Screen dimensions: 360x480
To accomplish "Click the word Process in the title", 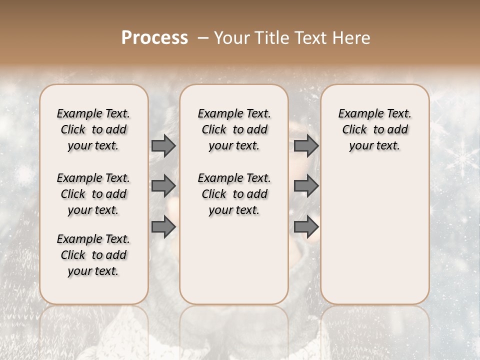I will (x=154, y=38).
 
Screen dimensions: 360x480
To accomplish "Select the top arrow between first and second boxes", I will (x=163, y=145).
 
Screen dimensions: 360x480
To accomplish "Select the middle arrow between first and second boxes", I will (x=163, y=186).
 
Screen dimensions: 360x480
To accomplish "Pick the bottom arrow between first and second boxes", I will (x=163, y=227).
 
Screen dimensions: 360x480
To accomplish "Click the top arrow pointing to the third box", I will (x=306, y=145).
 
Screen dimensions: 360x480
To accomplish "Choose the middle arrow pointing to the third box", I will (x=306, y=186).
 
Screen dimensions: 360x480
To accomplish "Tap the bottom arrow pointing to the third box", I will (x=306, y=227).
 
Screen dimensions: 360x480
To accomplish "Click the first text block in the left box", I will (x=93, y=129).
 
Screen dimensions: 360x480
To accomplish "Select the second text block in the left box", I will (x=93, y=194).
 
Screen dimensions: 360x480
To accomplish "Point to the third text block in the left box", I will (x=93, y=255).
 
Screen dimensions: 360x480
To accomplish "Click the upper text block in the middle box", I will (x=234, y=129).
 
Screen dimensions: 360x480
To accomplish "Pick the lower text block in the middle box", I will (x=234, y=194).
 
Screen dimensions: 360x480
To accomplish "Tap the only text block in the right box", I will (x=374, y=129).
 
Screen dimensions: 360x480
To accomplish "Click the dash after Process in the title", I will (x=203, y=38).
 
